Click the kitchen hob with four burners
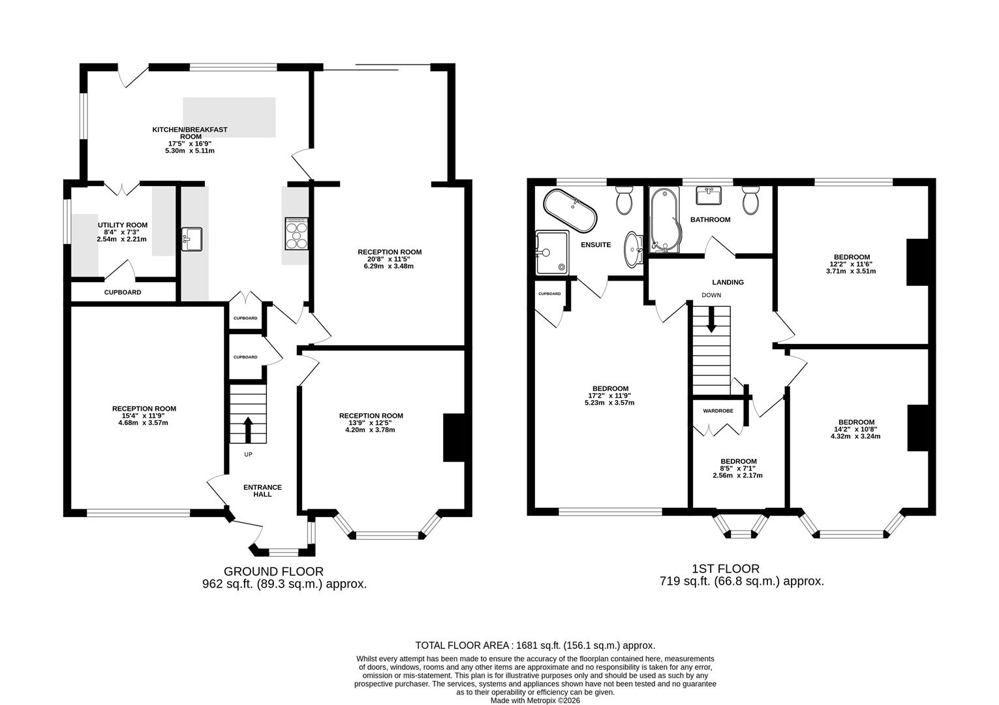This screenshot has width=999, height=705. (x=297, y=234)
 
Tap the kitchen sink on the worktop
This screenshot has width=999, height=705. (x=192, y=239)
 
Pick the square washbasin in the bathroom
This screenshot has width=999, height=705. (x=709, y=195)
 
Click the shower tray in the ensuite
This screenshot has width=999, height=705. (x=552, y=253)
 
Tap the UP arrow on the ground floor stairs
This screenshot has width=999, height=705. (x=248, y=430)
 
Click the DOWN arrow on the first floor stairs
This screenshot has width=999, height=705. (x=711, y=319)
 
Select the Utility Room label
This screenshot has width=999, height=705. (x=123, y=225)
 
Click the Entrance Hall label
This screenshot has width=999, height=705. (x=263, y=491)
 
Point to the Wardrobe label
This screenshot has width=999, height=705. (x=718, y=411)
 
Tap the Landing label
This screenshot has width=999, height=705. (x=728, y=282)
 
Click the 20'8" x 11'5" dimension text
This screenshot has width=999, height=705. (x=390, y=259)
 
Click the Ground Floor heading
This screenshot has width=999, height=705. (x=273, y=571)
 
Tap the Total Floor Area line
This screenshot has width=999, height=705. (x=535, y=645)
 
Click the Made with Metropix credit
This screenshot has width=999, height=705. (x=535, y=700)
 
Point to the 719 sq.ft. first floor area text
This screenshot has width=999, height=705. (x=742, y=581)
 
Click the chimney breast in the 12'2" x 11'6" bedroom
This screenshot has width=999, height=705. (x=918, y=262)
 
